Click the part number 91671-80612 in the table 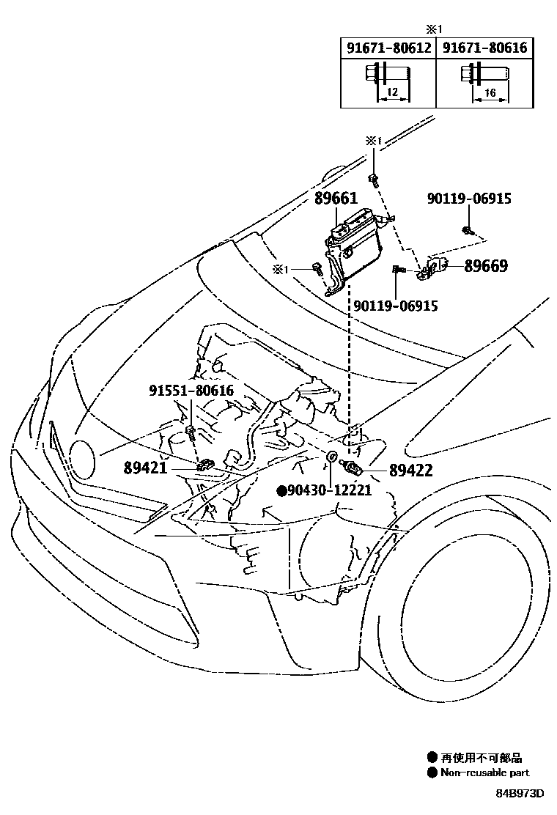pos(388,49)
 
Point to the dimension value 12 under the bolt pos(391,93)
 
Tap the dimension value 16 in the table pos(490,93)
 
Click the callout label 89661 pos(336,199)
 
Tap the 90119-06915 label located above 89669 pos(469,199)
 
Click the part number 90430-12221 pos(330,490)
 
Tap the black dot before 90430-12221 pos(281,490)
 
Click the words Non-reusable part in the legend pos(484,772)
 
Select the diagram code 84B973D pos(519,794)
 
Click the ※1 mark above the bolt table pos(435,29)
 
